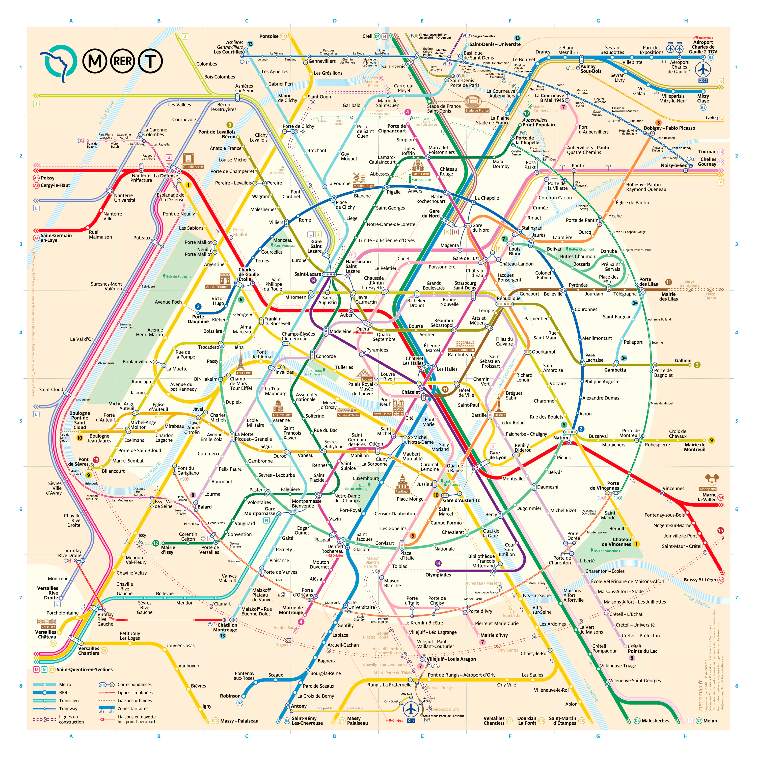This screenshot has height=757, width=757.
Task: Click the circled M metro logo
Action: click(x=94, y=61)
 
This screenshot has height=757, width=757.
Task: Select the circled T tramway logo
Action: click(x=150, y=61)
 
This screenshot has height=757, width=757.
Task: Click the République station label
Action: click(x=509, y=298)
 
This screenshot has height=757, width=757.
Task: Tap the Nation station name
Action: click(x=560, y=438)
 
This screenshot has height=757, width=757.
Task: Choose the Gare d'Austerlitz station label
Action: click(x=461, y=500)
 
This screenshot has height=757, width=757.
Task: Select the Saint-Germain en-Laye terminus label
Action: click(x=56, y=238)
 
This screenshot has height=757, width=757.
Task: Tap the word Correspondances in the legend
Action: click(x=134, y=685)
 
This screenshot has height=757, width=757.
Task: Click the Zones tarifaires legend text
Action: click(x=133, y=708)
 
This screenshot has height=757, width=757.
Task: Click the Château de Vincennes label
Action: click(x=616, y=542)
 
